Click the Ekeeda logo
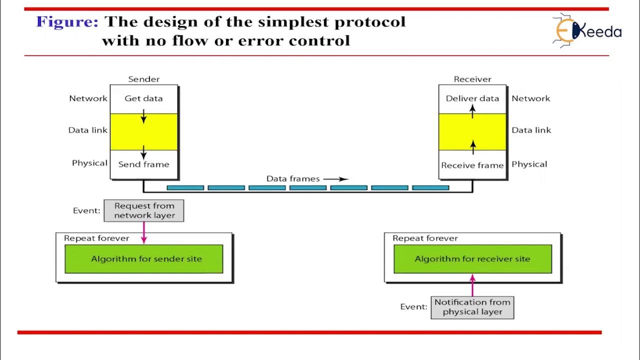click(x=587, y=30)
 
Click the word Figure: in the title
click(x=67, y=22)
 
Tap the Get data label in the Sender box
click(x=143, y=98)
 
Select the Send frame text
click(x=143, y=164)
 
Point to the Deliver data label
click(x=472, y=98)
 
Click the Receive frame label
click(x=472, y=165)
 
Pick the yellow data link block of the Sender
click(x=143, y=132)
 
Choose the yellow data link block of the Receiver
click(x=472, y=132)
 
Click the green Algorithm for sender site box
click(x=144, y=259)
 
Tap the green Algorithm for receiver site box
click(x=473, y=259)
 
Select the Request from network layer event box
click(x=144, y=210)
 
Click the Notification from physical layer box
click(x=472, y=307)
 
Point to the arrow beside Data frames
click(x=336, y=179)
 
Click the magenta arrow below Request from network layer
click(x=144, y=232)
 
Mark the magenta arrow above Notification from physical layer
click(x=472, y=285)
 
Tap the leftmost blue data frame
click(x=185, y=187)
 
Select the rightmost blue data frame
click(x=430, y=187)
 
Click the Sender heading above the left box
click(x=143, y=79)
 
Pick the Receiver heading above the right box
click(x=472, y=79)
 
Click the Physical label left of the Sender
click(x=89, y=163)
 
